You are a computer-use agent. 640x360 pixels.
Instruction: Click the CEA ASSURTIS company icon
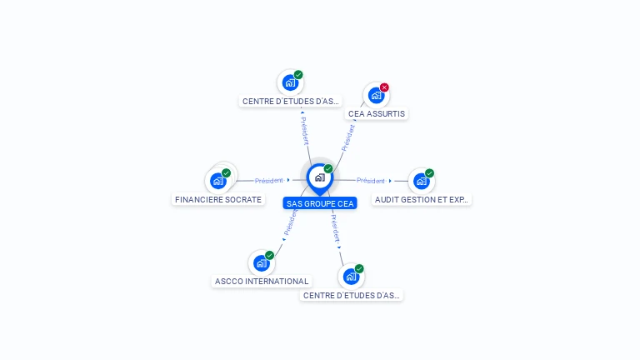point(376,96)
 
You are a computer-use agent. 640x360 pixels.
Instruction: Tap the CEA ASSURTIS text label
point(377,113)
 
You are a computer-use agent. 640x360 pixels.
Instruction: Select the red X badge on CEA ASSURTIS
point(384,87)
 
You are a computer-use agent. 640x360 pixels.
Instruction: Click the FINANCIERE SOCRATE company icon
point(217,180)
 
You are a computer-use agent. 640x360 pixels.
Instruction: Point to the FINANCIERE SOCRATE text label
point(218,200)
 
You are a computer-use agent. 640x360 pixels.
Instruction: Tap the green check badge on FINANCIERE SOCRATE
point(226,173)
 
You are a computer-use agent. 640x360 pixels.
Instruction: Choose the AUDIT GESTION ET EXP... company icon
point(421,181)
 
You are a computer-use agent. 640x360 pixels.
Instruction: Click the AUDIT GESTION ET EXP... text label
point(422,200)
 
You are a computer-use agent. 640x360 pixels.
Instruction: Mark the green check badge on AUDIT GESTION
point(429,173)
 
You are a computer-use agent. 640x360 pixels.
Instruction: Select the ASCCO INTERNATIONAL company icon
point(261,263)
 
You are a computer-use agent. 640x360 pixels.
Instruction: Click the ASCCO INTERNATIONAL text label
point(262,282)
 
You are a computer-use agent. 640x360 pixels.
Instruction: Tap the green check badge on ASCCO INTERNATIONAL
point(269,256)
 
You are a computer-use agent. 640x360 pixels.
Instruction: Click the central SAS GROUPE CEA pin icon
point(319,177)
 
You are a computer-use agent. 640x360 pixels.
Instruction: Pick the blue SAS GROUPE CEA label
point(320,203)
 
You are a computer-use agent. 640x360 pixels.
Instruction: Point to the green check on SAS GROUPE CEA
point(328,169)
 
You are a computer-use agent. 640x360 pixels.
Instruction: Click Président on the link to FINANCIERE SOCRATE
point(269,180)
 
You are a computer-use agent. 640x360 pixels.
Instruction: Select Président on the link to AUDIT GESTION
point(371,181)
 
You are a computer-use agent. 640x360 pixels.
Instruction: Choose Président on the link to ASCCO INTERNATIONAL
point(290,221)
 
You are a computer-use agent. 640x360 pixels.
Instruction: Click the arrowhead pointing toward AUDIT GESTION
point(390,181)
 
